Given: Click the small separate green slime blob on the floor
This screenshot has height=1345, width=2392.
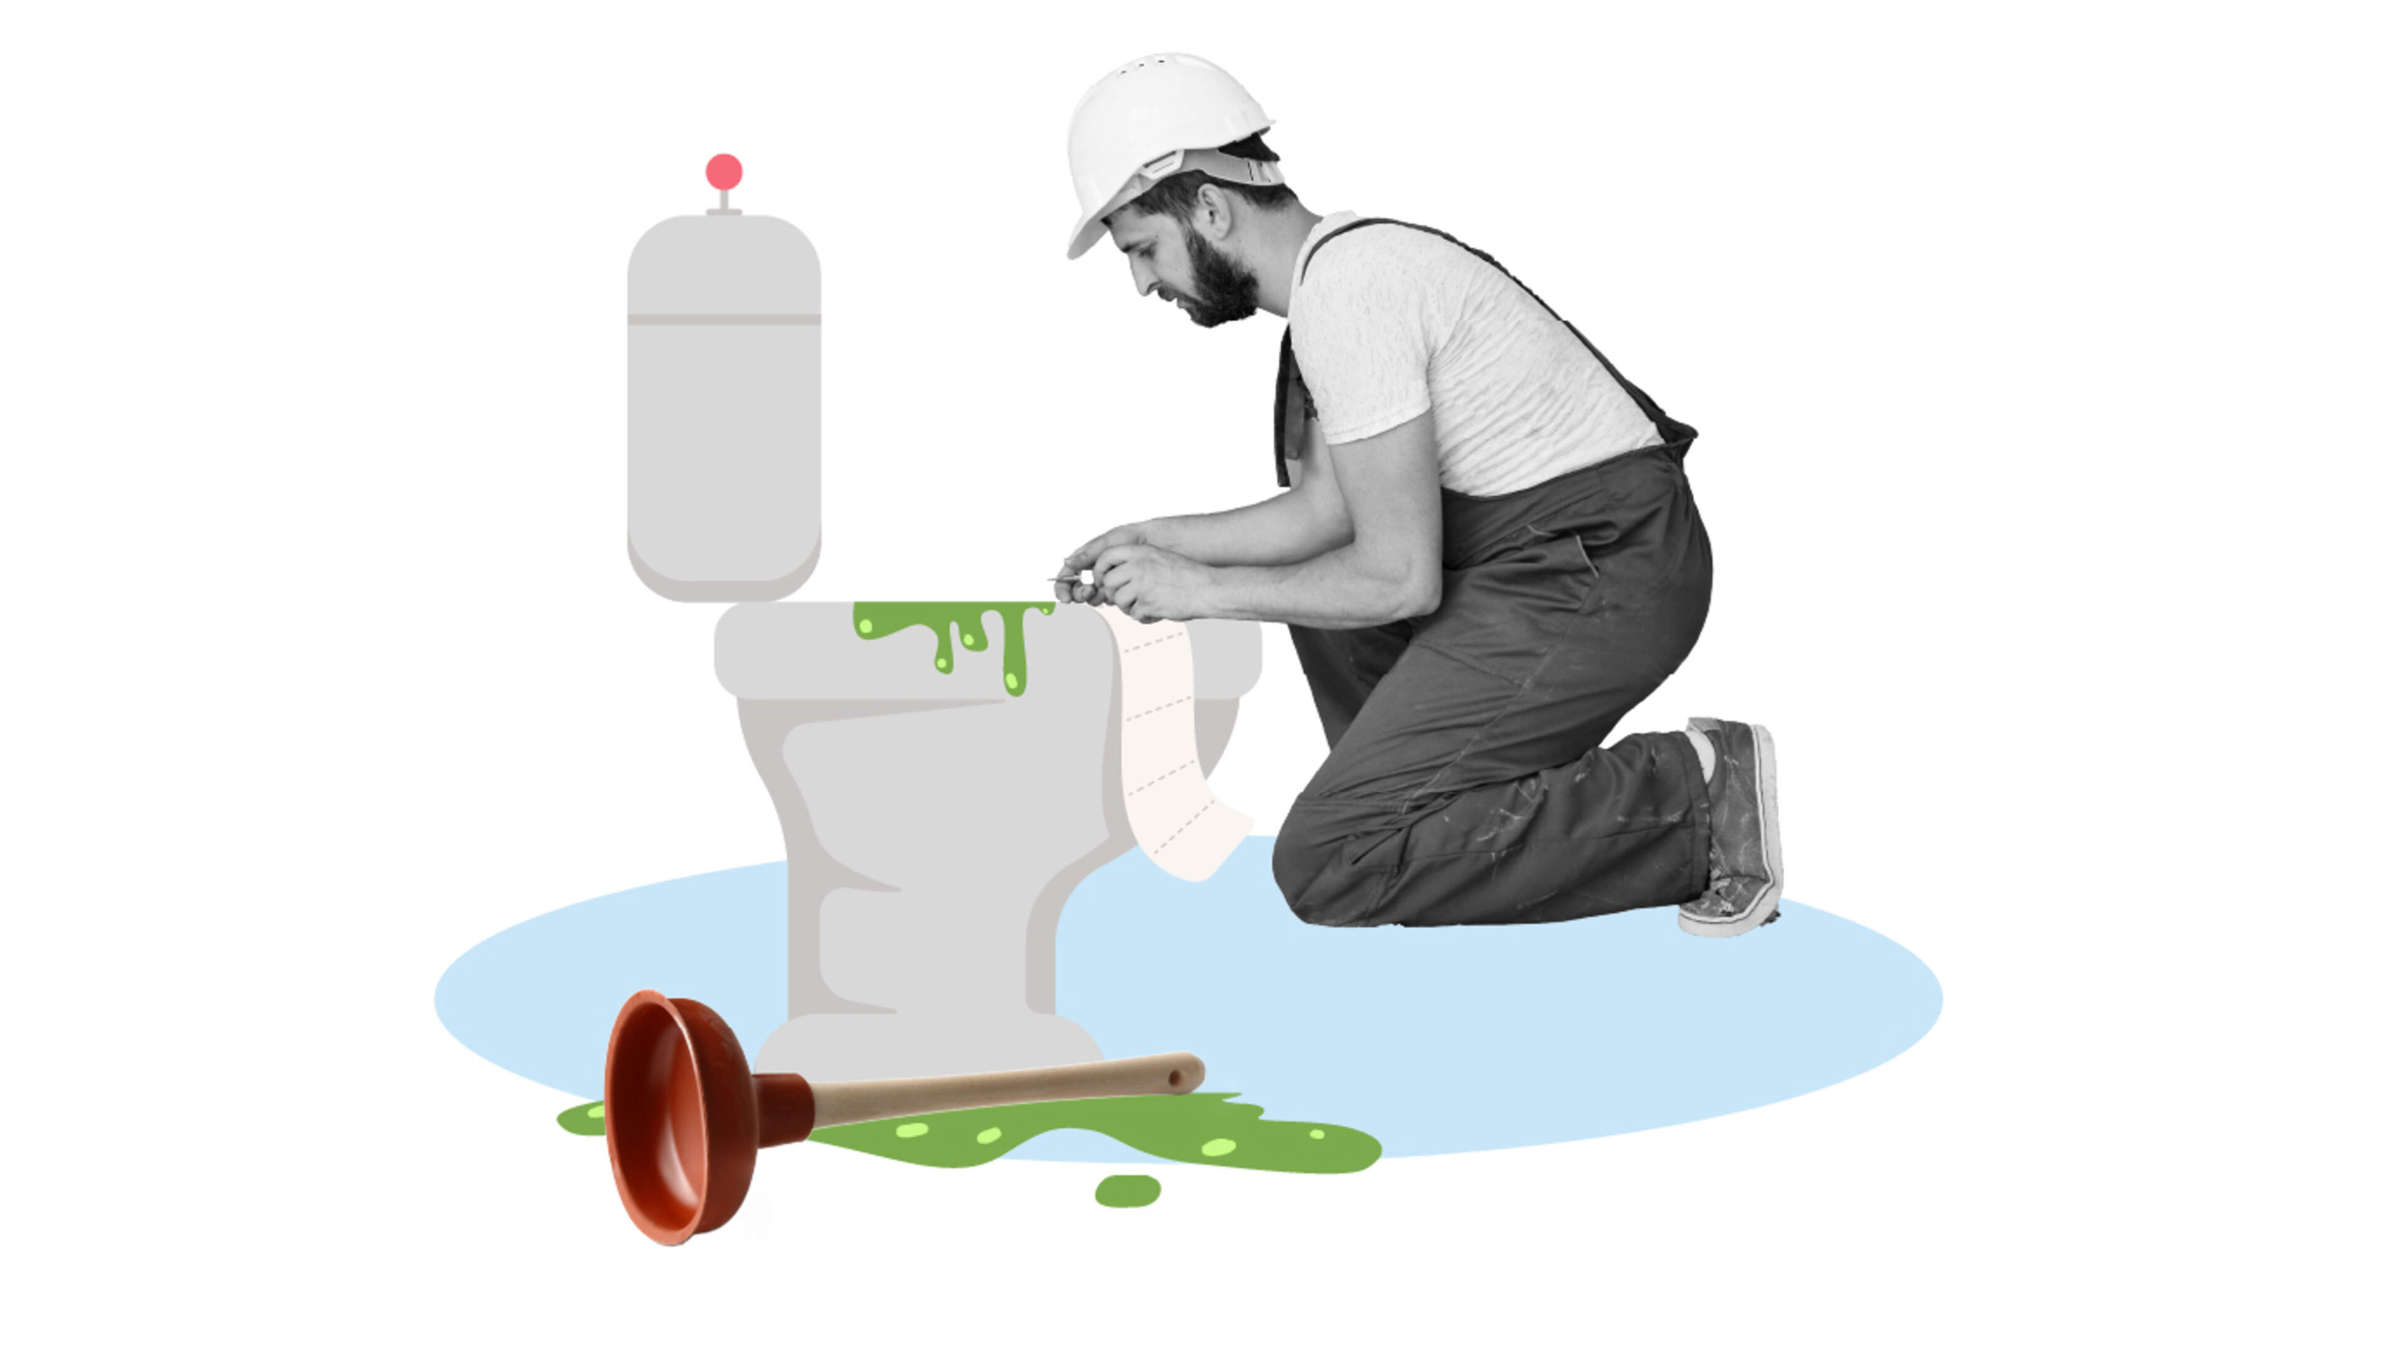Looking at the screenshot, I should (1127, 1190).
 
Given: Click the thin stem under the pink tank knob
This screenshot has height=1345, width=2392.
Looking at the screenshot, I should (724, 200).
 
